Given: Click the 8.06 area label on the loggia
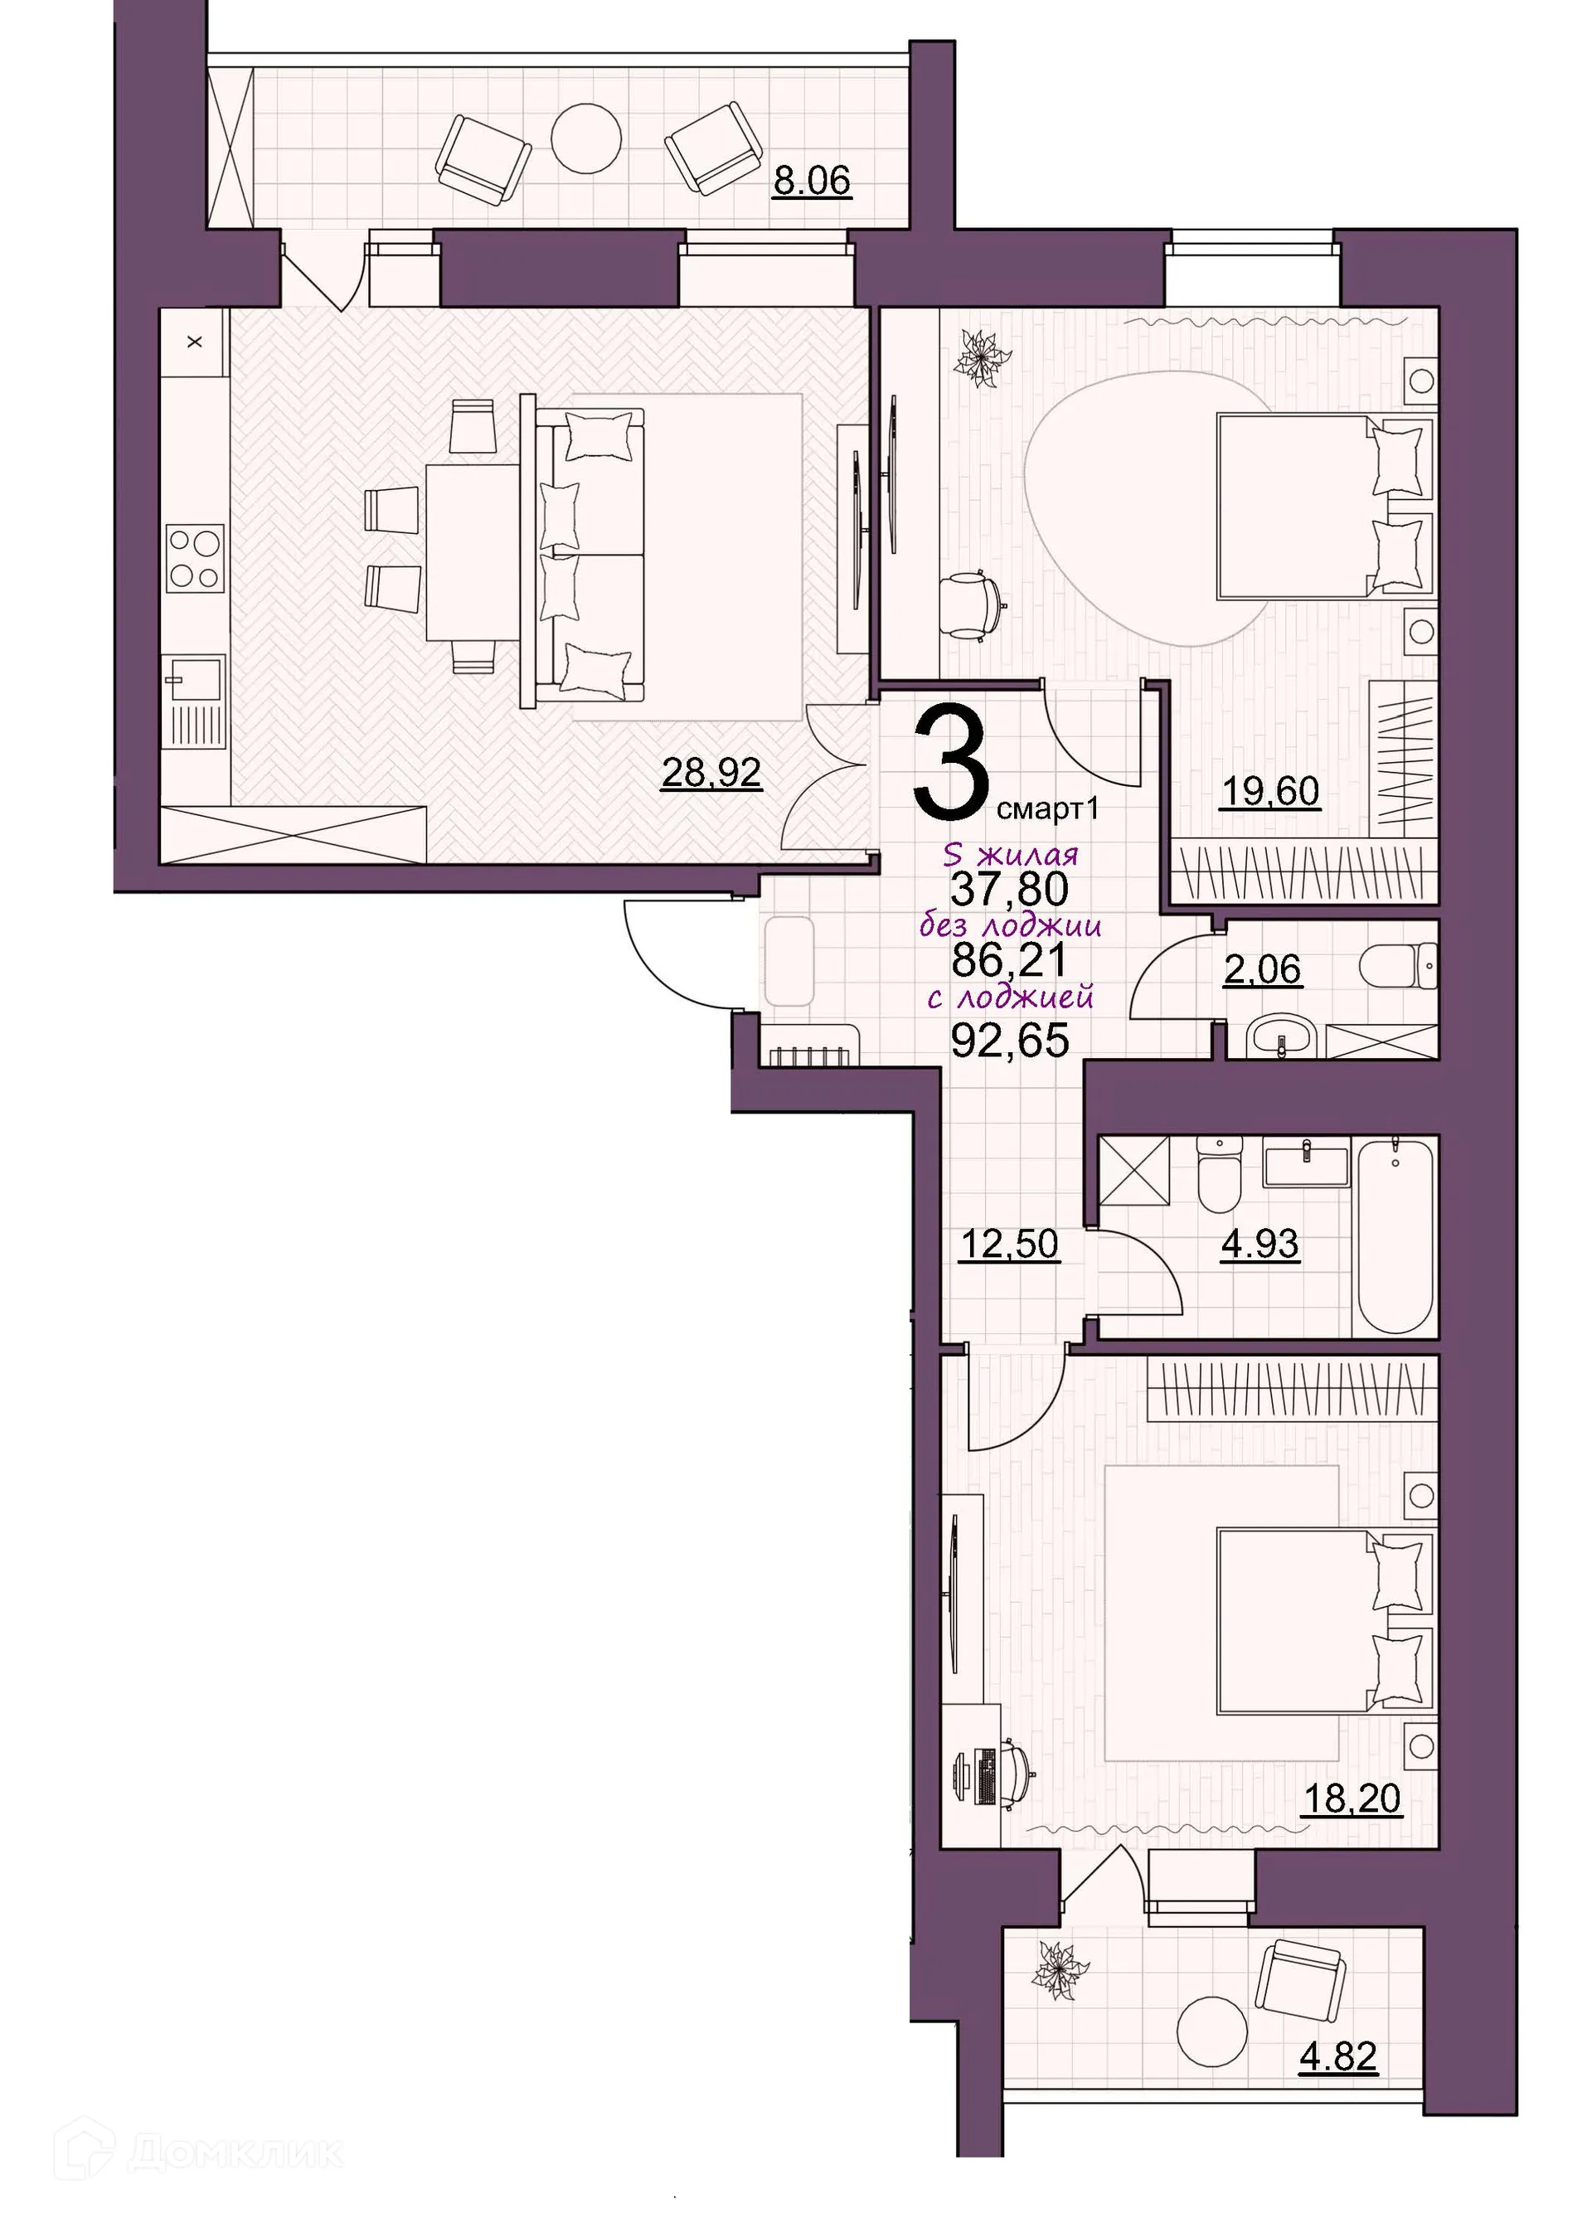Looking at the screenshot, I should (x=811, y=182).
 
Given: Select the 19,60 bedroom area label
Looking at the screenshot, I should (x=1270, y=790).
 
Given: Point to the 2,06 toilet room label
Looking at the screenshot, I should (x=1263, y=969).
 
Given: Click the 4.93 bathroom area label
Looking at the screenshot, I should (x=1260, y=1244).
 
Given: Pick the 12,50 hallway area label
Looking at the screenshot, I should (x=1010, y=1244).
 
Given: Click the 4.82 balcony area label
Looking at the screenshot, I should (x=1338, y=2055).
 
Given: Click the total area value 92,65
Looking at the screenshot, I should (x=1010, y=1040).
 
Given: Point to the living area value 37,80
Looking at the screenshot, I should (x=1010, y=889).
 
